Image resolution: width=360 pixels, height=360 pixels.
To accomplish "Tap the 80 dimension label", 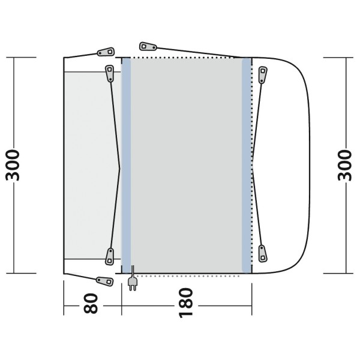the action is point(91,304).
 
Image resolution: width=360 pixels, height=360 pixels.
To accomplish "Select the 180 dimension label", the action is point(186,303).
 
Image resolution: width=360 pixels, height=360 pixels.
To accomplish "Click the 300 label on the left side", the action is point(13,165).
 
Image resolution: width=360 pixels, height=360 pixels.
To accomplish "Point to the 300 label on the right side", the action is point(344,165).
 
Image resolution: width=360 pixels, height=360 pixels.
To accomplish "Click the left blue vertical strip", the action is point(126,166).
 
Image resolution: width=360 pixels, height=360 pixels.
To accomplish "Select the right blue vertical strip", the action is point(247,166).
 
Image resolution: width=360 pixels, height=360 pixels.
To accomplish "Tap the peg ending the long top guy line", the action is point(148,47).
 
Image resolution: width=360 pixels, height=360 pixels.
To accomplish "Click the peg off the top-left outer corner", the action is point(106,52).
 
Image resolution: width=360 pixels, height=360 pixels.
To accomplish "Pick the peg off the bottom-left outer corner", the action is point(104,281).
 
